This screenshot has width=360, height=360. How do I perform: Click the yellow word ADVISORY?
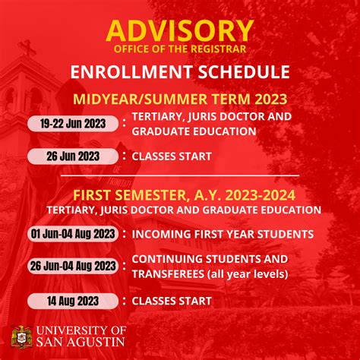tap(179, 30)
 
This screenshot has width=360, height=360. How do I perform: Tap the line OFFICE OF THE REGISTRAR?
tap(179, 49)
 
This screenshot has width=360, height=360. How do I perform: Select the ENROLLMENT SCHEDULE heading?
tap(179, 73)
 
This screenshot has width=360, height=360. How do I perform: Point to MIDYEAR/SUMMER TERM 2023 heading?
tap(179, 99)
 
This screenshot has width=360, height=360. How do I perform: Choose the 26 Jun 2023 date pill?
tap(73, 156)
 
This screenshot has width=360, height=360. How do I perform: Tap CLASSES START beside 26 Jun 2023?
tap(172, 156)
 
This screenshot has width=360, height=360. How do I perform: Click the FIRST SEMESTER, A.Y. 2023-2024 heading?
tap(180, 193)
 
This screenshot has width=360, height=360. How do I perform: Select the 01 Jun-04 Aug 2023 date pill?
tap(73, 233)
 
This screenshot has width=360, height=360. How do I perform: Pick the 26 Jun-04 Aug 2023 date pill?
tap(73, 266)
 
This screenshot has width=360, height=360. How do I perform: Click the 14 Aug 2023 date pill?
tap(73, 301)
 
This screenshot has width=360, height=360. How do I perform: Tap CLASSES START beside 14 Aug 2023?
tap(172, 301)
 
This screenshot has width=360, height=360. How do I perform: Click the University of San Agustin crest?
tap(21, 336)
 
